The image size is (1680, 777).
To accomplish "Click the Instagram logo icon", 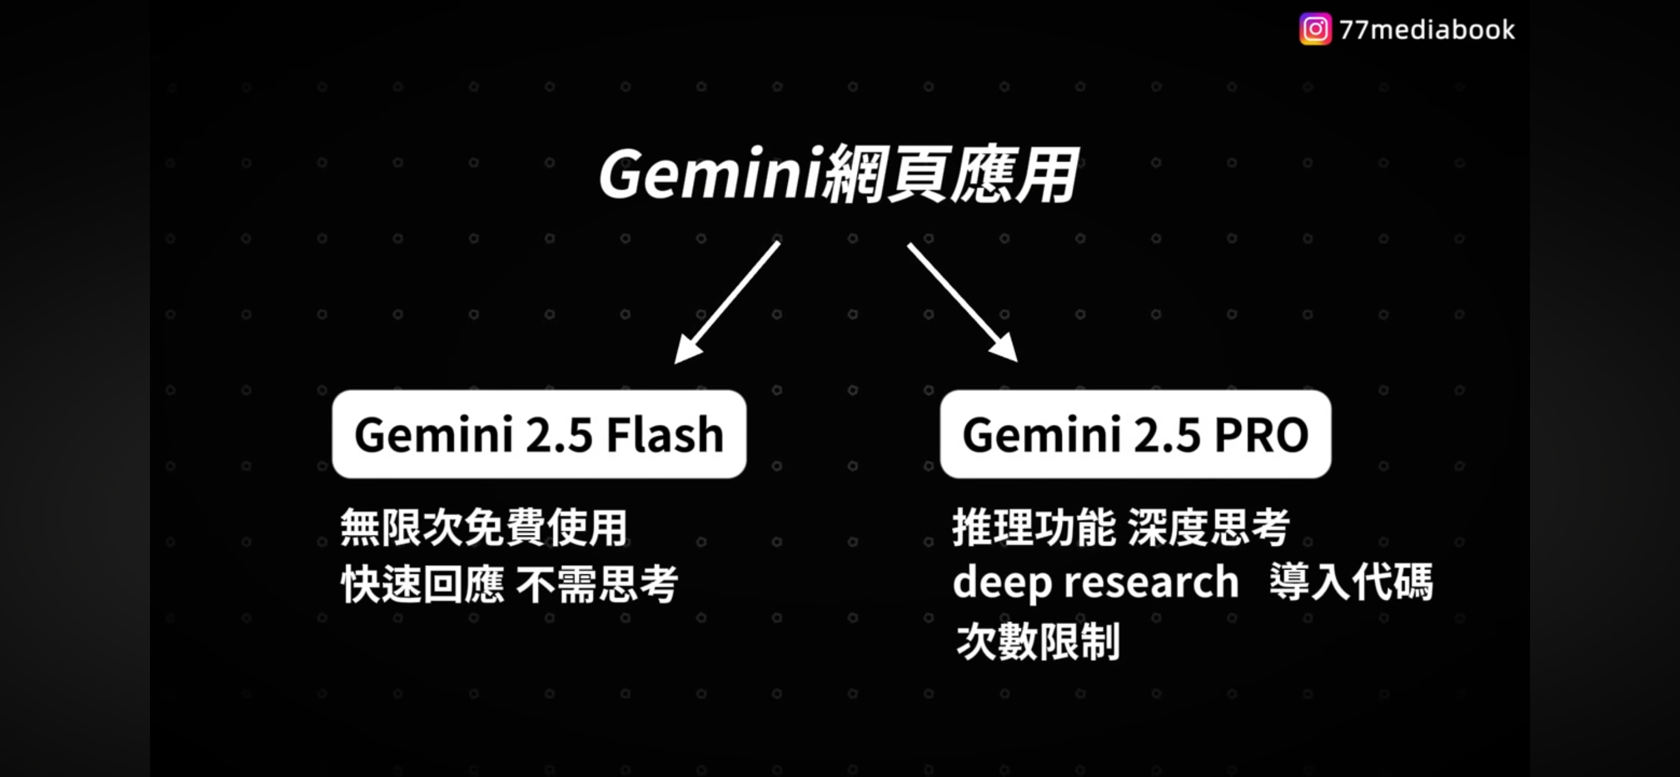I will [1315, 30].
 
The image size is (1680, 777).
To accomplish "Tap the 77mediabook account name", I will [1427, 30].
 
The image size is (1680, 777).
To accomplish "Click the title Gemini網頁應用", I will [838, 174].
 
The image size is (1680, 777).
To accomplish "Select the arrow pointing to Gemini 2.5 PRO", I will [963, 301].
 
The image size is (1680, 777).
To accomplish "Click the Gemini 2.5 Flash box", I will [539, 434].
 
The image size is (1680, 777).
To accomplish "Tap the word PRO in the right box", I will [1262, 434].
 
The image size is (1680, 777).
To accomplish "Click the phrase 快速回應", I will [423, 584].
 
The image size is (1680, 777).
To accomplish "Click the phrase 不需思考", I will [597, 584].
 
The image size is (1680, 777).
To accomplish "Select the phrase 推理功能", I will [1034, 527].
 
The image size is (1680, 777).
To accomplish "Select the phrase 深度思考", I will [1208, 527].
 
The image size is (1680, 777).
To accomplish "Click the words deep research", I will [1096, 583].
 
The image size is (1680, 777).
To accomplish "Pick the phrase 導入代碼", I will [1351, 582].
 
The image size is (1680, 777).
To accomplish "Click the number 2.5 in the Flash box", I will [559, 435].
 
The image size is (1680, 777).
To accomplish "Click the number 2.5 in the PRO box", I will [1167, 435].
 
